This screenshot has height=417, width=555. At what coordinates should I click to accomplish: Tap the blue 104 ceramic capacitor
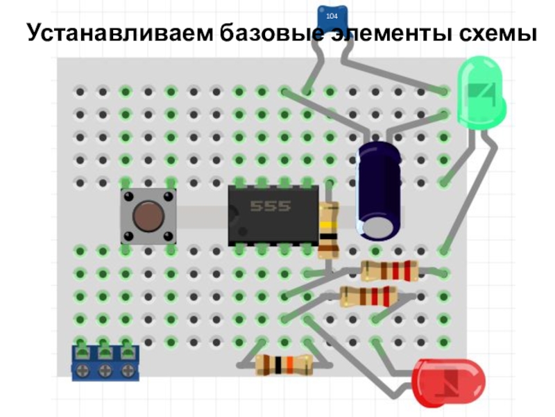pos(332,19)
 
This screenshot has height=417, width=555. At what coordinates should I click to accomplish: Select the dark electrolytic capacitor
pos(379,190)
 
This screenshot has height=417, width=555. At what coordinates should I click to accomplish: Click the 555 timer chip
pos(273,215)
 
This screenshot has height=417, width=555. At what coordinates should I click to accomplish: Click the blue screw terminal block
pos(105,363)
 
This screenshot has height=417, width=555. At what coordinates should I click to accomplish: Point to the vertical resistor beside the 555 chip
pos(328,229)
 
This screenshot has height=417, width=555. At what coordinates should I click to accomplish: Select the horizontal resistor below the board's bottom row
pos(284,365)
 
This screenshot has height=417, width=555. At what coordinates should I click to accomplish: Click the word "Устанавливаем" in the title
pos(120,33)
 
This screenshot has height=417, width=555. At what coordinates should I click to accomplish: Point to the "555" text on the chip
pos(271,206)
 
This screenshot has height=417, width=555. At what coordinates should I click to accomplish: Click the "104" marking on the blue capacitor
pos(332,16)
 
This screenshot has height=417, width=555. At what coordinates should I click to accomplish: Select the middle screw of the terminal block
pos(105,371)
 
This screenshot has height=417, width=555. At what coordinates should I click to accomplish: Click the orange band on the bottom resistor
pos(290,366)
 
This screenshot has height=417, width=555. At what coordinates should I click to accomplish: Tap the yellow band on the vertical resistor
pos(329,225)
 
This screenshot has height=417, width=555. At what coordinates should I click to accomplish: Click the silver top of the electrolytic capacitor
pos(377,228)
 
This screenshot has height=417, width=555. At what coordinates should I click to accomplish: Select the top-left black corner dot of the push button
pos(128,196)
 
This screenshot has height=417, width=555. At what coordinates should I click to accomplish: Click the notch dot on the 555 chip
pos(242,231)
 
